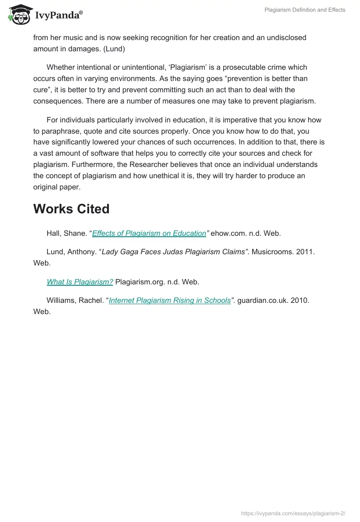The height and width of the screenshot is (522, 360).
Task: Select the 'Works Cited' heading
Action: [x=71, y=209]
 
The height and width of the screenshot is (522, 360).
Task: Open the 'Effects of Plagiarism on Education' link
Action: [x=149, y=233]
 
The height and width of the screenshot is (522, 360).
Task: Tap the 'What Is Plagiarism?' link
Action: [x=80, y=282]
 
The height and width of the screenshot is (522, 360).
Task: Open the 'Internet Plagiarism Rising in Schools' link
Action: [x=170, y=300]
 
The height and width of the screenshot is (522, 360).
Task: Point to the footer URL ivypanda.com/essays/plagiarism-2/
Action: [x=293, y=512]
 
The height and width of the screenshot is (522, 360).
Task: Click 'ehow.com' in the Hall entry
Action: [x=229, y=233]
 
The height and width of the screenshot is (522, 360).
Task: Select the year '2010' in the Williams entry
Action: [x=299, y=300]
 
